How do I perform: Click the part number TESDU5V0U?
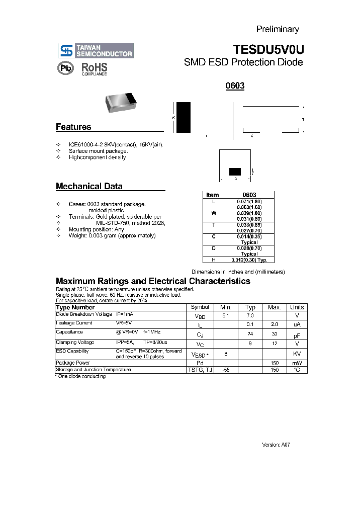click(268, 49)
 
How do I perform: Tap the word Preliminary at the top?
click(278, 29)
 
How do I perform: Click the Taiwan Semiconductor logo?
click(96, 50)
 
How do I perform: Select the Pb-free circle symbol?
click(65, 68)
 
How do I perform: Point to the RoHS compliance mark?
click(95, 69)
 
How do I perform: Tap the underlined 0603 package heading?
click(235, 86)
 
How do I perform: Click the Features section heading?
click(73, 127)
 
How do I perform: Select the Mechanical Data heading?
click(89, 186)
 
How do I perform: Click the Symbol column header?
click(200, 307)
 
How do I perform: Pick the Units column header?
click(297, 307)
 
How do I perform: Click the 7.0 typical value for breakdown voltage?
click(250, 315)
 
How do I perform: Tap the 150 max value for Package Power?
click(275, 363)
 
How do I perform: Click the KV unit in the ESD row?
click(297, 354)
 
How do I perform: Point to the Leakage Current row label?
click(74, 323)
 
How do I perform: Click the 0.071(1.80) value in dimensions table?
click(249, 201)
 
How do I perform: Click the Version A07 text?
click(277, 445)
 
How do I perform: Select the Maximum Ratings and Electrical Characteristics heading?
click(153, 281)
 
